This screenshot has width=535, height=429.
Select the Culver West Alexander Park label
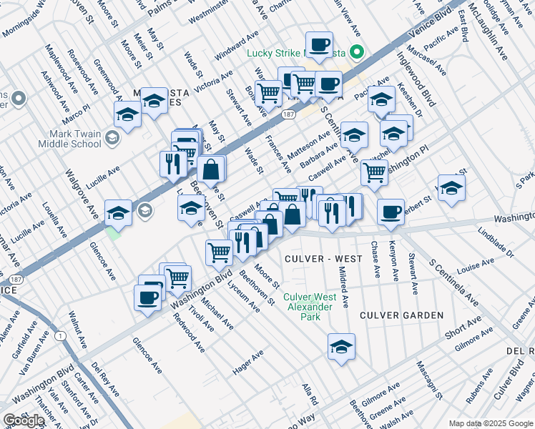[309, 302]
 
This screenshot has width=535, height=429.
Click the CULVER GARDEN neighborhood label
[401, 315]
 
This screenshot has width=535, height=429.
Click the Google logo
[24, 420]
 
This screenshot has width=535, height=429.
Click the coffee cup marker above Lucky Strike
[319, 45]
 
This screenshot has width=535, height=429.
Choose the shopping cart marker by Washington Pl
[374, 172]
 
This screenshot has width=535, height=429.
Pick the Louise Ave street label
[477, 266]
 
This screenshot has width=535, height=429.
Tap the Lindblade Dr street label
[496, 243]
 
